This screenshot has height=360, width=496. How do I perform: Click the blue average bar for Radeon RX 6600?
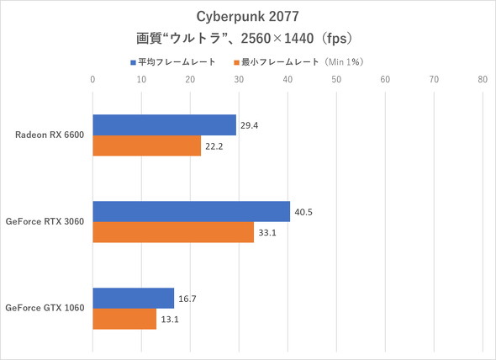tap(164, 124)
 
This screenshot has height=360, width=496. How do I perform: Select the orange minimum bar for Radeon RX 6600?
tap(146, 146)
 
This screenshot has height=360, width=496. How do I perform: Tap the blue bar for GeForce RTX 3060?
tap(191, 211)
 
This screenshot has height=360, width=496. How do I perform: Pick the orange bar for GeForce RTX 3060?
tap(173, 232)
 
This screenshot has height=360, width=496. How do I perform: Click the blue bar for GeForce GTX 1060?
tap(133, 298)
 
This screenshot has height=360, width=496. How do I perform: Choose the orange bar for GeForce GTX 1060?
tap(124, 320)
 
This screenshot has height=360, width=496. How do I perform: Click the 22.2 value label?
tap(215, 146)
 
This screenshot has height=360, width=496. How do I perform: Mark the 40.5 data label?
tap(305, 211)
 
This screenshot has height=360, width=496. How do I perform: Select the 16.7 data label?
tap(188, 298)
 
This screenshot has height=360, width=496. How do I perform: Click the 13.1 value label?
tap(171, 320)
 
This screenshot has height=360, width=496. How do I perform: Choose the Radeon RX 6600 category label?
tap(50, 135)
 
